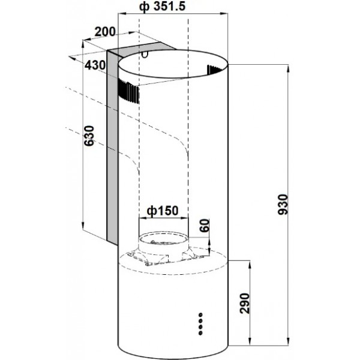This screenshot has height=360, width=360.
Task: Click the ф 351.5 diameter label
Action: click(x=162, y=7)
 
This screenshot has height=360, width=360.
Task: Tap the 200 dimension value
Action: click(x=105, y=32)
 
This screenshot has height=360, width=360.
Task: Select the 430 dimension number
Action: click(x=95, y=65)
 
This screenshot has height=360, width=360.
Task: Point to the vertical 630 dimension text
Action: click(x=89, y=136)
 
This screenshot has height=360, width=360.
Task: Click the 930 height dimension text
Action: click(x=283, y=205)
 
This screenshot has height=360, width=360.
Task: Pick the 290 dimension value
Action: click(x=244, y=304)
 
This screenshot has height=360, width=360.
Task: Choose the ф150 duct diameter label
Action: click(x=163, y=211)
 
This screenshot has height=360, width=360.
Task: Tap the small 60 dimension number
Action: click(x=205, y=226)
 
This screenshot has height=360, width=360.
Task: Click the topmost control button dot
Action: click(x=200, y=314)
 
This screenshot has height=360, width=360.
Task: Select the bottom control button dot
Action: click(x=200, y=332)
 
